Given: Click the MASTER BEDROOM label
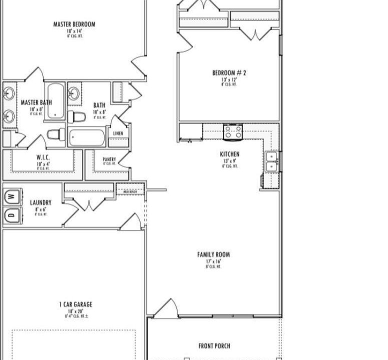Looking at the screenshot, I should coord(74,24).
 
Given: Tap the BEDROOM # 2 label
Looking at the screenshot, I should coord(229,73).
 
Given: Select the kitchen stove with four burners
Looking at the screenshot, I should coord(232,132).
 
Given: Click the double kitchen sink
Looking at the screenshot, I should coord(271,161).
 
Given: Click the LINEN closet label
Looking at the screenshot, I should coord(118,133).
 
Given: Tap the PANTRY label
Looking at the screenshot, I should coord(109,159).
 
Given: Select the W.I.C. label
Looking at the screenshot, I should coord(43,157).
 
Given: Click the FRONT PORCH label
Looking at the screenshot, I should coord(214,346).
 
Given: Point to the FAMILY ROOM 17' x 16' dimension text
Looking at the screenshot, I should coord(213,261).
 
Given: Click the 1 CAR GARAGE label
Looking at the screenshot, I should coord(75,304).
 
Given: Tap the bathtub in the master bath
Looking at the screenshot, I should coord(55,100).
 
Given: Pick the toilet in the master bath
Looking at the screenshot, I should coord(56,134).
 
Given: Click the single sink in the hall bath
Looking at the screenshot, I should coord(74,93).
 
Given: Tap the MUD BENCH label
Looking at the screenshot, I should coord(129,191).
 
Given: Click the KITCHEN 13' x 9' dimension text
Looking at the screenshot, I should coord(229,161).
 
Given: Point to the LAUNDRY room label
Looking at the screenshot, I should coord(40,202).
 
